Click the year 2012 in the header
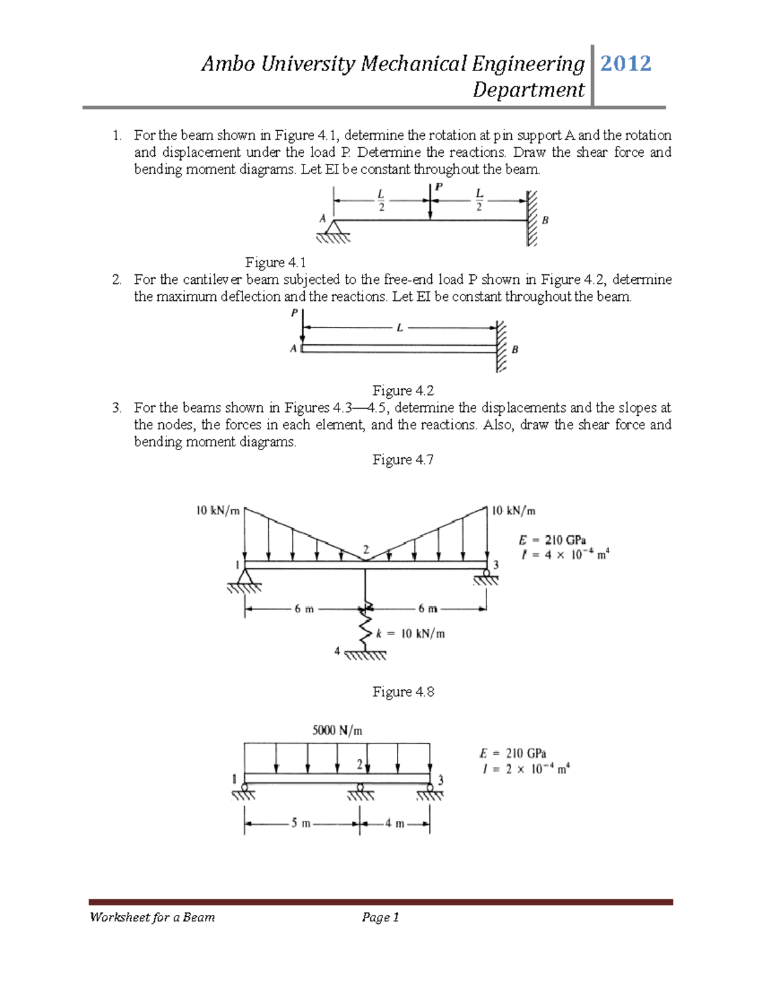pyautogui.click(x=625, y=63)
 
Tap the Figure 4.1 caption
pyautogui.click(x=276, y=262)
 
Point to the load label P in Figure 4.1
pyautogui.click(x=439, y=187)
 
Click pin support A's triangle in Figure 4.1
pyautogui.click(x=333, y=227)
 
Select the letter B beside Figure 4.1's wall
pyautogui.click(x=545, y=220)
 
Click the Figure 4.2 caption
pyautogui.click(x=403, y=390)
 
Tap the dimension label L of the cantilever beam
pyautogui.click(x=399, y=328)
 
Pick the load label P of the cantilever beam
pyautogui.click(x=294, y=313)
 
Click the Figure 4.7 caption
pyautogui.click(x=403, y=460)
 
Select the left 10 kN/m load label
pyautogui.click(x=218, y=510)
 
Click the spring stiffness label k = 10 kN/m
pyautogui.click(x=410, y=634)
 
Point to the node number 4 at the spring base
pyautogui.click(x=337, y=651)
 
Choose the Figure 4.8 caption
pyautogui.click(x=403, y=692)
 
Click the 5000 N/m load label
pyautogui.click(x=337, y=730)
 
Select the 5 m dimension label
pyautogui.click(x=301, y=823)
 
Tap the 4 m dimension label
pyautogui.click(x=394, y=823)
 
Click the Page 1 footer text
pyautogui.click(x=380, y=917)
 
